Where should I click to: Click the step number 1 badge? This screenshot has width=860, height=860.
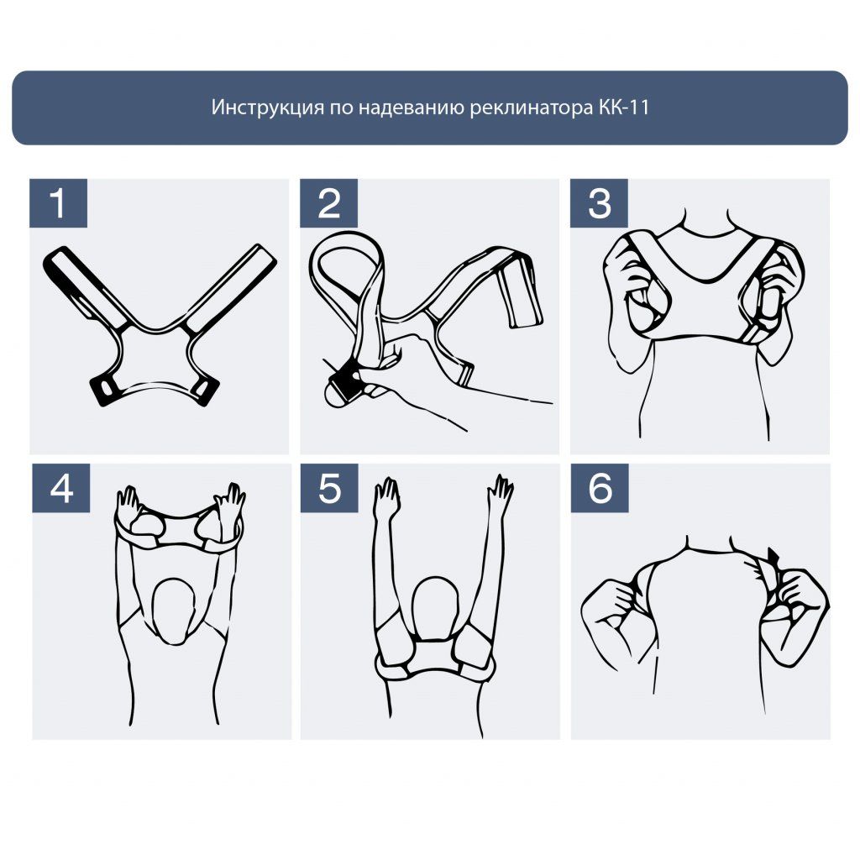point(58,203)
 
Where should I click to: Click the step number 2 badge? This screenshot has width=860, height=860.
point(329,203)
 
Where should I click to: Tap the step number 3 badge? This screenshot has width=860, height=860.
point(599,203)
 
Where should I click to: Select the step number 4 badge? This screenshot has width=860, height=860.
point(61,488)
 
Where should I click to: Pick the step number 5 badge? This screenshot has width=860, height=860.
point(329,488)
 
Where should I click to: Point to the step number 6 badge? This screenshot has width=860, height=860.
point(600,488)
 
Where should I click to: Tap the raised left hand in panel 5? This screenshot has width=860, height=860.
point(387,495)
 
